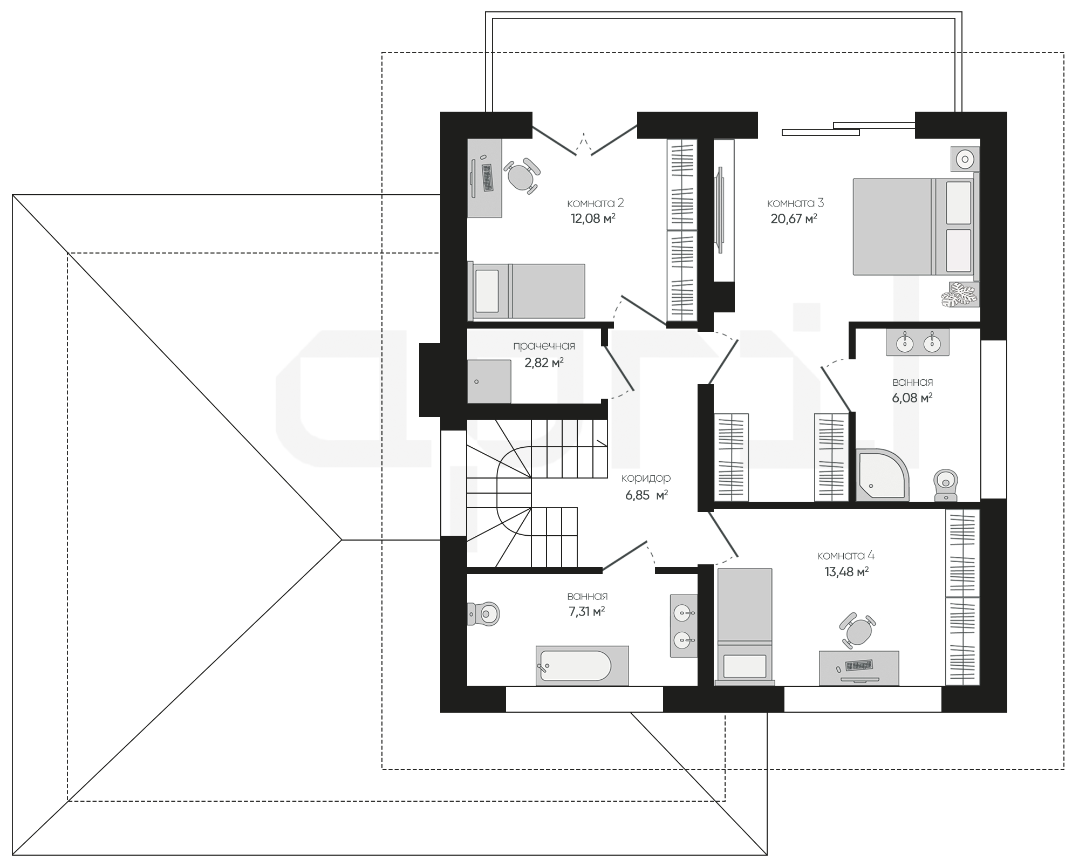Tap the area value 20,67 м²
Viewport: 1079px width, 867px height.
click(794, 219)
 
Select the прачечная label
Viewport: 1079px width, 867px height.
click(544, 346)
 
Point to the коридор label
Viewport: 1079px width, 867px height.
click(646, 479)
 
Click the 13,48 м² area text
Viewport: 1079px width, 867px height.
click(846, 572)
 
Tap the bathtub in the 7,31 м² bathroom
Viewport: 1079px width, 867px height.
click(582, 666)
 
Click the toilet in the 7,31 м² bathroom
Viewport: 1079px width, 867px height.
click(483, 613)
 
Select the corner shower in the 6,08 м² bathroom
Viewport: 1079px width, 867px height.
click(882, 475)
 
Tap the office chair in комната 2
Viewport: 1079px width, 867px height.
click(521, 175)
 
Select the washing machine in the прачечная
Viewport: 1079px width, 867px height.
click(489, 381)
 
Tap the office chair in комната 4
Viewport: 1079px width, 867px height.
click(857, 630)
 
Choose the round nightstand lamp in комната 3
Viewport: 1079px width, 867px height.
click(965, 159)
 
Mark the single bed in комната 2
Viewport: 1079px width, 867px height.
click(526, 290)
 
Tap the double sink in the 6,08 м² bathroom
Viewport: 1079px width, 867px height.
click(917, 342)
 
